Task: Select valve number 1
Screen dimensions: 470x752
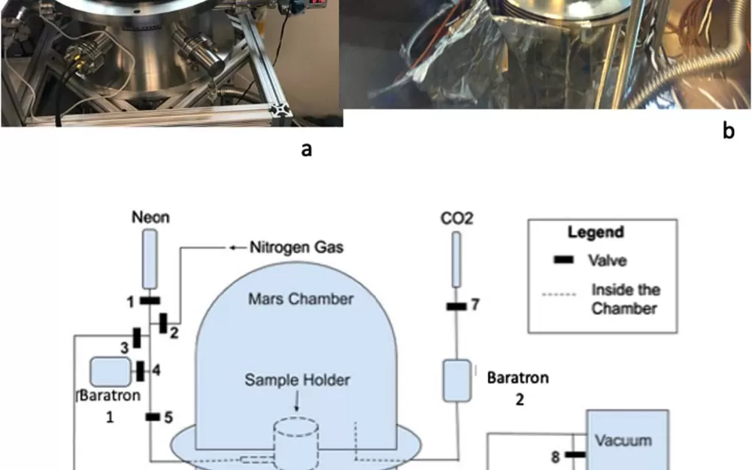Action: pos(150,301)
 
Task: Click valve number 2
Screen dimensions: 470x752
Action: pos(163,323)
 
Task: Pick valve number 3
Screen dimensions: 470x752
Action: pos(137,338)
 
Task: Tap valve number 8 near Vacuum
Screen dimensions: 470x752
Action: pos(575,454)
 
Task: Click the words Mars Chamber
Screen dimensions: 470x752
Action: pos(300,299)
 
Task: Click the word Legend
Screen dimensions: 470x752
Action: pos(595,232)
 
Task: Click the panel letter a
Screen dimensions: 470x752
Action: pos(306,150)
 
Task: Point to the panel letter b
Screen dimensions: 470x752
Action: pos(728,132)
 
